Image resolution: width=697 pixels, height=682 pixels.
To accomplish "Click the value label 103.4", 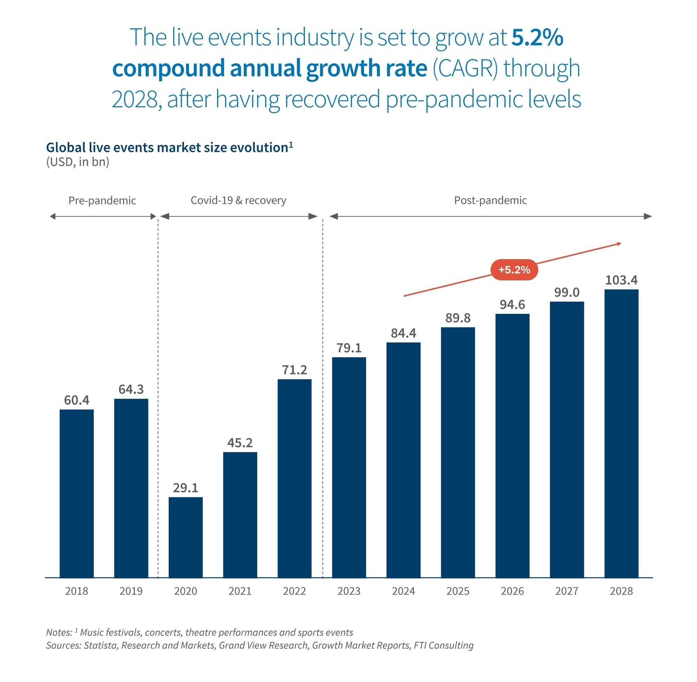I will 621,280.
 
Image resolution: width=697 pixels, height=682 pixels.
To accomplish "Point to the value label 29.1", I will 185,488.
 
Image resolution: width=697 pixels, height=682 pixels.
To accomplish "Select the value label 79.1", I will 349,348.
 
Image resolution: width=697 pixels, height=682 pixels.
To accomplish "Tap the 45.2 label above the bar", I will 240,443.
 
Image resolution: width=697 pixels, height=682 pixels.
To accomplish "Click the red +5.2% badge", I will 514,270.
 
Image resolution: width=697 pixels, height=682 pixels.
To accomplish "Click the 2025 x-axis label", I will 458,591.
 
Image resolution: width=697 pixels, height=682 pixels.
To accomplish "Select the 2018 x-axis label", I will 76,591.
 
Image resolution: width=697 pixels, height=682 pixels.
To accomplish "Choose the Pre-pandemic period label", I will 102,201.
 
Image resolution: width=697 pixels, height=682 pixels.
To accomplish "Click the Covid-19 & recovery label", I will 238,200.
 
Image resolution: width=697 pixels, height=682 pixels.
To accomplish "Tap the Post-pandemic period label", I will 490,200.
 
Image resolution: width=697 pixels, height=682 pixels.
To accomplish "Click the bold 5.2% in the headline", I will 537,37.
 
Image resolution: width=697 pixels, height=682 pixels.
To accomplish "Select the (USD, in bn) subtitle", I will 77,162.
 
